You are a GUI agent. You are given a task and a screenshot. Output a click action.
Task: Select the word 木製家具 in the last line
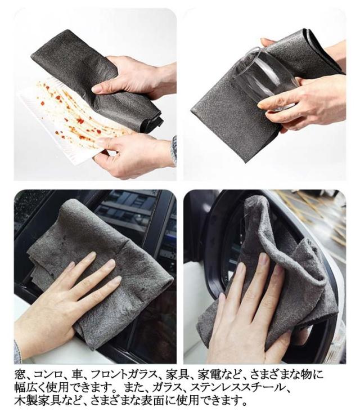click(37, 401)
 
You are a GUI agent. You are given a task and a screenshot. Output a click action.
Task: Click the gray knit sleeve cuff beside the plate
click(173, 150)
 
